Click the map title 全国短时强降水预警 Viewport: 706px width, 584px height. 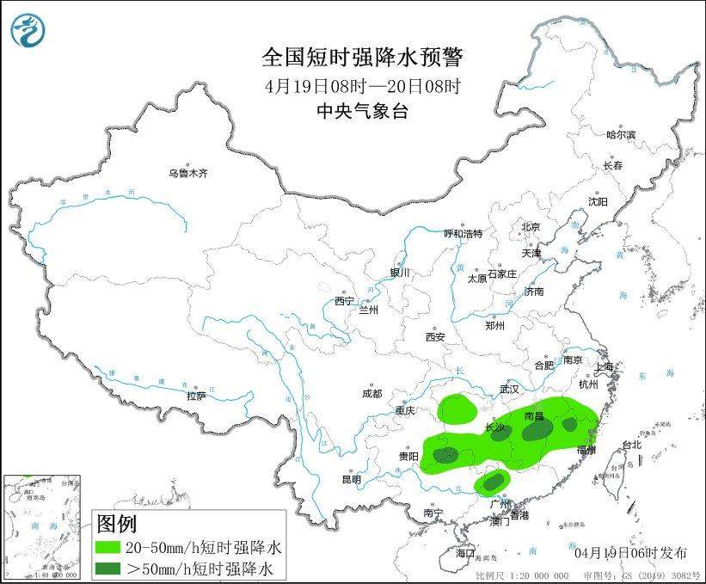(x=362, y=58)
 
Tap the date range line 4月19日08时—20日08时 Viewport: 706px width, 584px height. (x=362, y=86)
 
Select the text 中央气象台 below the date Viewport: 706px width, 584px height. (x=362, y=110)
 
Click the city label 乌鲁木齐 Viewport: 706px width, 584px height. (x=187, y=173)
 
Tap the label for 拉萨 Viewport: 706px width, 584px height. (x=196, y=396)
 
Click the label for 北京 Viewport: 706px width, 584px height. (x=530, y=227)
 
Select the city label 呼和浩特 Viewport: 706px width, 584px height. (x=463, y=233)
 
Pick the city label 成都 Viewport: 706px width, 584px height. (x=371, y=393)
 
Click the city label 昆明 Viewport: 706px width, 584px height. (x=352, y=478)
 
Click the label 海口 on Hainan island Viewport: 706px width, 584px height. (x=465, y=551)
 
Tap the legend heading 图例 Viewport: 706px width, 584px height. (x=116, y=523)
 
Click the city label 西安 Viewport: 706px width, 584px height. (x=434, y=336)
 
